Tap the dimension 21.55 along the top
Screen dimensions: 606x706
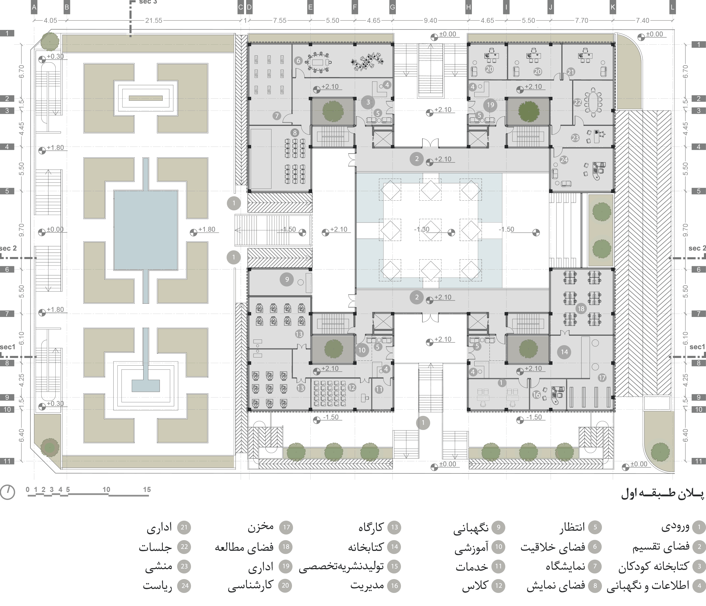(154, 20)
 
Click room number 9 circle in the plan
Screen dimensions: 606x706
(287, 280)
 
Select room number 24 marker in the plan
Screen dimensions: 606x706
(564, 159)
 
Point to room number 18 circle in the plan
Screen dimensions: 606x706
(581, 309)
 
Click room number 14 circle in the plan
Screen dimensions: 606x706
(564, 352)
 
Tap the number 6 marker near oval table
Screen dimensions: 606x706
(298, 61)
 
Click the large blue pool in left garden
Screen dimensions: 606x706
(146, 230)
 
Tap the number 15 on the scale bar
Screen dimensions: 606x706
(147, 489)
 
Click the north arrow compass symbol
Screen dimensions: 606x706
(7, 492)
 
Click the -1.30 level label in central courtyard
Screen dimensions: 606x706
(422, 229)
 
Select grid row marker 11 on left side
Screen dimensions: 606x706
(7, 461)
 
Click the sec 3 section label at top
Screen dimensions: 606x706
(148, 2)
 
